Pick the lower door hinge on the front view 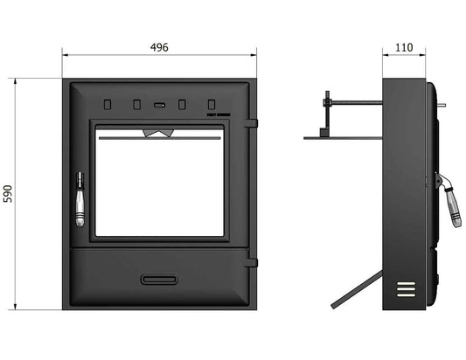coord(252,260)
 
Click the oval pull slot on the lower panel coord(158,280)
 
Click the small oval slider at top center coord(159,105)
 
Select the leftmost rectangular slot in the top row coord(108,104)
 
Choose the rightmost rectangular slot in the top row coord(210,104)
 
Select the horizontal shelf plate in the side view coord(343,137)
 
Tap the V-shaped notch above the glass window coord(158,134)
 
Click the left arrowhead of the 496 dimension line coord(65,56)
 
